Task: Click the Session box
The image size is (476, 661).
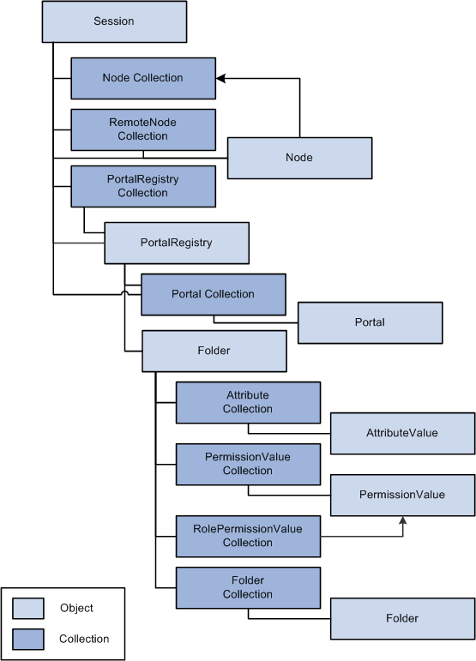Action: coord(114,21)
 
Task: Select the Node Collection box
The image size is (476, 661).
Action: coord(143,78)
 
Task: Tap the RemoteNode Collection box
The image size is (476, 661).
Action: coord(143,129)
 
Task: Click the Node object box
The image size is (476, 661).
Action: coord(300,158)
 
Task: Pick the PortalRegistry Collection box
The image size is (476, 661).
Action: coord(143,186)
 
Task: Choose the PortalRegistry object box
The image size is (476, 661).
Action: coord(177,243)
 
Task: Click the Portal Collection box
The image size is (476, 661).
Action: coord(214,295)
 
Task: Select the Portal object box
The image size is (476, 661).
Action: coord(371,323)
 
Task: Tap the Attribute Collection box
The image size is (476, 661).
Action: coord(248,403)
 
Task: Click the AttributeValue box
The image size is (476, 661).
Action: coord(402,433)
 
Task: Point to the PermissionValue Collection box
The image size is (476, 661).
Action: coord(248,464)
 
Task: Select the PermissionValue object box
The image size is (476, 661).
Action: coord(402,496)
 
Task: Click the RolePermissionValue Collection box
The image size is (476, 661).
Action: coord(248,536)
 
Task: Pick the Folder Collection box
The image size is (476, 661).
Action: coord(248,587)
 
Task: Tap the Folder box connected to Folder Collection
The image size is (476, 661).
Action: coord(402,619)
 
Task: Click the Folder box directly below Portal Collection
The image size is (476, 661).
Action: coord(214,352)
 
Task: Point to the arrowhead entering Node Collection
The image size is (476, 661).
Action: coord(220,78)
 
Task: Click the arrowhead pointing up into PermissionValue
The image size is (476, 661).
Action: coord(402,520)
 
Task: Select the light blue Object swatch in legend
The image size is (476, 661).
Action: coord(27,609)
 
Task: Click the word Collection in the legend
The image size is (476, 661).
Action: coord(84,639)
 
